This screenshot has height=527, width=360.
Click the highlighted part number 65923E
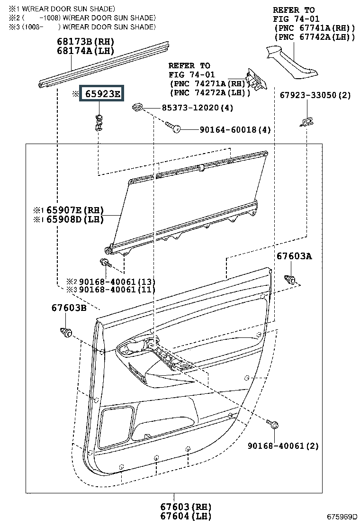pos(102,93)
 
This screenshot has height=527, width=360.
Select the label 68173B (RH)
pos(86,42)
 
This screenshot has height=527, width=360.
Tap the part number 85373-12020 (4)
pos(198,108)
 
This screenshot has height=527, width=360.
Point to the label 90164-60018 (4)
pos(235,129)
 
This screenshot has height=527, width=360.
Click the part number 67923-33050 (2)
pos(315,95)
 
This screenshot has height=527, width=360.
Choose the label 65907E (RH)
pos(75,210)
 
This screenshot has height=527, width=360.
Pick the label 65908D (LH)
pos(75,219)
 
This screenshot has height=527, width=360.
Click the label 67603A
pos(294,256)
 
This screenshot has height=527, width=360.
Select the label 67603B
pos(69,308)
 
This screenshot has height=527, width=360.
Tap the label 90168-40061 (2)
pos(283,445)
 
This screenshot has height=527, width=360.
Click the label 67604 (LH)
pos(185,516)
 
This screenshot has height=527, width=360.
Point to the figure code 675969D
pos(342,517)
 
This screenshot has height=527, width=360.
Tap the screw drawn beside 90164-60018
pos(173,127)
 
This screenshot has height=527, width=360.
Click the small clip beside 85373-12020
pos(137,107)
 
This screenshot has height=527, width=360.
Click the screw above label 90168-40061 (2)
pos(272,424)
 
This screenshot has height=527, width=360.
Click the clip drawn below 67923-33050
pos(306,122)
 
